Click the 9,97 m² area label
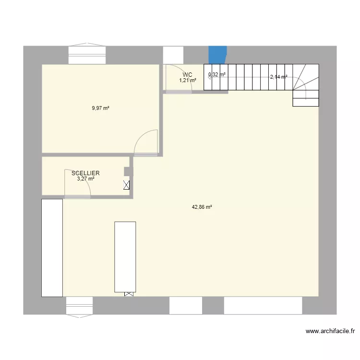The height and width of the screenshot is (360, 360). coord(101,108)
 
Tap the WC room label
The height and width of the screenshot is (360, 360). coord(187,74)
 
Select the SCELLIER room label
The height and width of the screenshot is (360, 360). coord(85,173)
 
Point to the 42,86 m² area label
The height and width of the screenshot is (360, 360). coord(202,207)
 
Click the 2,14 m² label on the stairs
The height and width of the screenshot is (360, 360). coord(278,77)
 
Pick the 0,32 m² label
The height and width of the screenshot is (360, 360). coord(216,75)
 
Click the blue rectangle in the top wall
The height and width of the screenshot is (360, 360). coord(217,54)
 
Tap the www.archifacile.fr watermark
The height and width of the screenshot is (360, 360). coord(330,331)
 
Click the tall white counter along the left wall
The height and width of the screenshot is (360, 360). coord(52,248)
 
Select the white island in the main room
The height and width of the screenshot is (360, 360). coord(125,256)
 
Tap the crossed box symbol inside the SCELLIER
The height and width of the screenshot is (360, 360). coord(127,185)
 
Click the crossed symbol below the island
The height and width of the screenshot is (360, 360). coord(129,294)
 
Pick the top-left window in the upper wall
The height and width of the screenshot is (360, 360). coord(86,55)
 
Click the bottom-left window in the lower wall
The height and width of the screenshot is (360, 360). coord(79,306)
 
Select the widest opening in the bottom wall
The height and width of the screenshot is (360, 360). coord(263,305)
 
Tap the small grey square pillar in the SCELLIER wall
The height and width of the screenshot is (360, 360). coord(127,171)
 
